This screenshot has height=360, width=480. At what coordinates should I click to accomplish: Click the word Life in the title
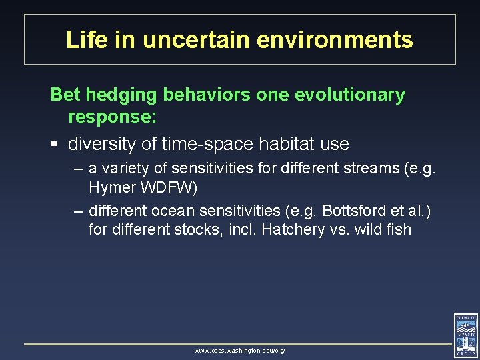[x=83, y=40]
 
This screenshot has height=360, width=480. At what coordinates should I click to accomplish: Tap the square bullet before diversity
[x=55, y=143]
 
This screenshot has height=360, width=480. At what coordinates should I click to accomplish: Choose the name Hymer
[x=110, y=188]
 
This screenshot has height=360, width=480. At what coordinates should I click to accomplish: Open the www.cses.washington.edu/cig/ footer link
[x=239, y=350]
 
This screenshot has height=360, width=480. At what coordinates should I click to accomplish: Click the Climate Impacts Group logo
[x=465, y=335]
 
